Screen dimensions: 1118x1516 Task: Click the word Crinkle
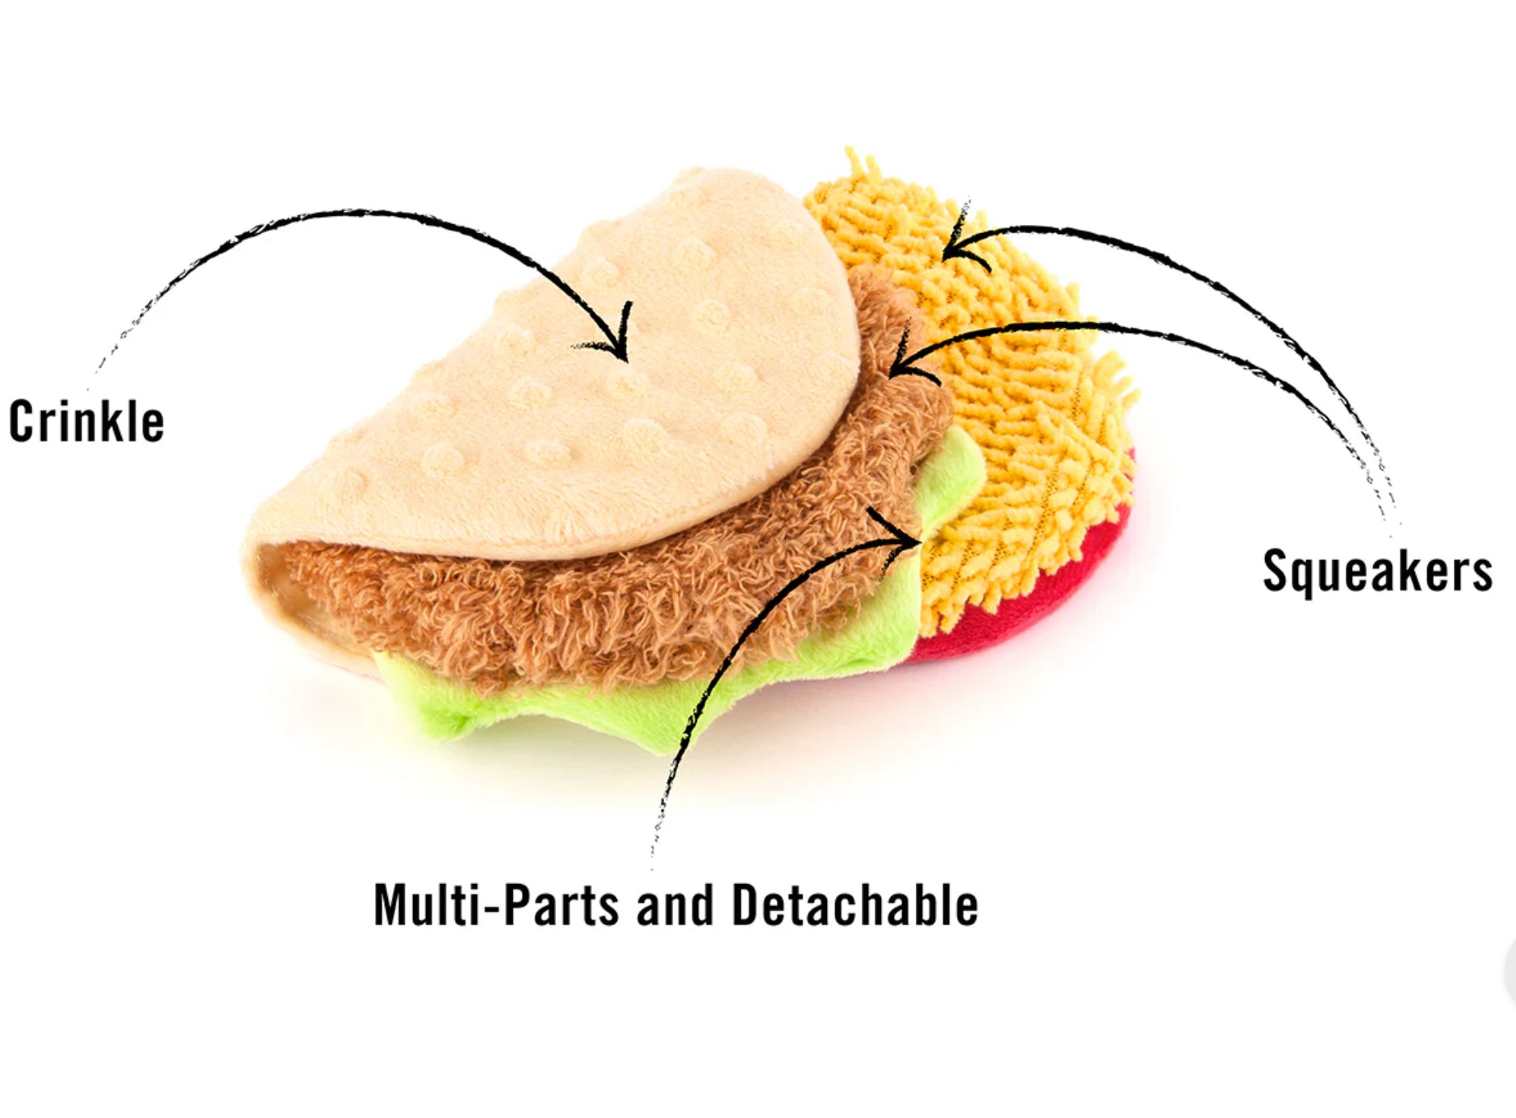[x=86, y=421]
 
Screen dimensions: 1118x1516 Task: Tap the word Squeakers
[x=1377, y=571]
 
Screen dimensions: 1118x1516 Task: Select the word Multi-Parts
[x=495, y=905]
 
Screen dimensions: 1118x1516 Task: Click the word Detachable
[x=854, y=905]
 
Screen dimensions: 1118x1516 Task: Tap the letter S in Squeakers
[x=1275, y=571]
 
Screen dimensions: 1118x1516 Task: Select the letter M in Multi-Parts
[x=394, y=905]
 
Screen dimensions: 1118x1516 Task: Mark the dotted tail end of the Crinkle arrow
[x=101, y=367]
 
